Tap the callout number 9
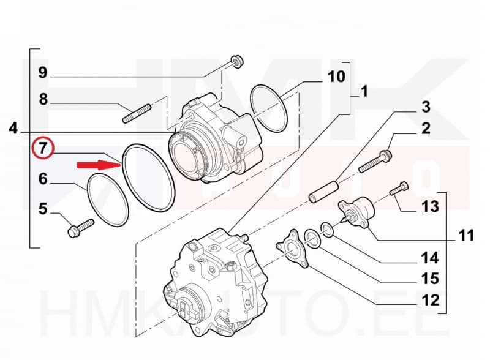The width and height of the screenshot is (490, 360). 43,73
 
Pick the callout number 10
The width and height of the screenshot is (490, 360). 336,77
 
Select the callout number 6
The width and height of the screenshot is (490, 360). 43,179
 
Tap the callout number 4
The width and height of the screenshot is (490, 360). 13,129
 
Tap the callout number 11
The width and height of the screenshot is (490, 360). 466,235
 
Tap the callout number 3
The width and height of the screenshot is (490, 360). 425,107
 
